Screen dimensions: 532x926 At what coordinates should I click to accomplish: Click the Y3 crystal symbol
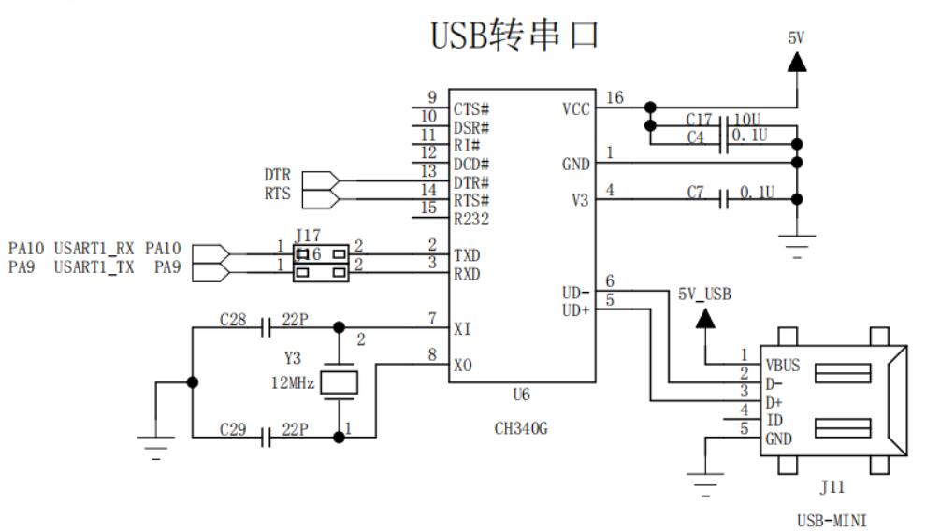[339, 382]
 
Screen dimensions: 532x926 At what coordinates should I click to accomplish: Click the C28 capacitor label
[234, 319]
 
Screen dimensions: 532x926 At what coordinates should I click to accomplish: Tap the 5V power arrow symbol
[797, 62]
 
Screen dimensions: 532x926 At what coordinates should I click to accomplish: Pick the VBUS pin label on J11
[782, 365]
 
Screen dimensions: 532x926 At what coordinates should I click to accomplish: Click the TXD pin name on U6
[467, 254]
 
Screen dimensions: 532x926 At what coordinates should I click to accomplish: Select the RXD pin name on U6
[467, 273]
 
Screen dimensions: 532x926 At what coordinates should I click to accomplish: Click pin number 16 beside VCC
[615, 97]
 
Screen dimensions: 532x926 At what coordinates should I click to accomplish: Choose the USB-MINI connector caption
[838, 519]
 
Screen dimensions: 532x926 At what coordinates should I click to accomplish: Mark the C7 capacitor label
[695, 193]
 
